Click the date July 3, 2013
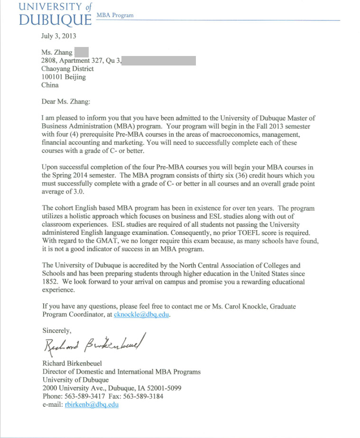tap(59, 36)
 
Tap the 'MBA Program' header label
tap(115, 15)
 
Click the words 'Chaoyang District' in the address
tap(67, 69)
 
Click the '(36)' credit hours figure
tap(178, 175)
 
